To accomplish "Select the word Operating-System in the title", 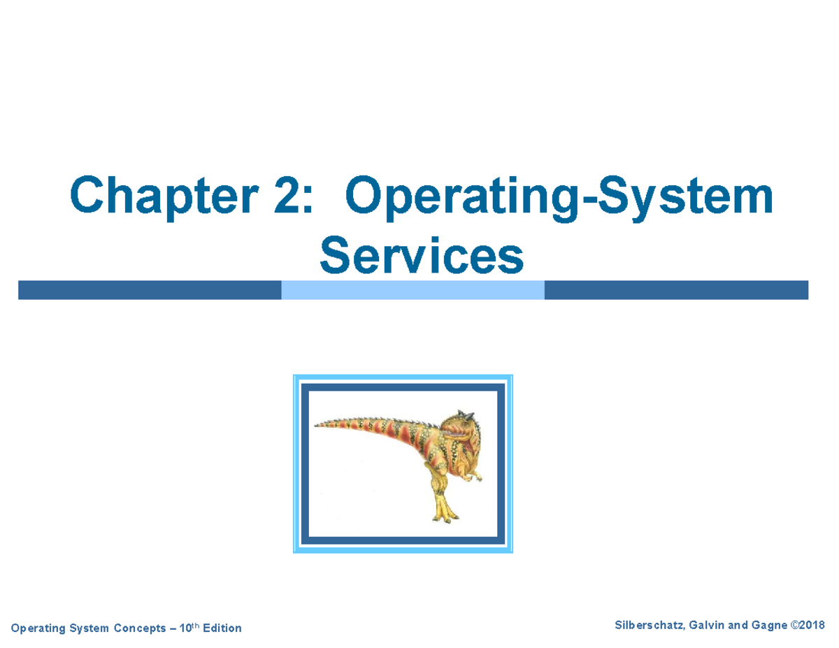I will [559, 198].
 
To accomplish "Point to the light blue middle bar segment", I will [413, 290].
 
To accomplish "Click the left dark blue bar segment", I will [150, 290].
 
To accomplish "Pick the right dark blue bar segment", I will [675, 290].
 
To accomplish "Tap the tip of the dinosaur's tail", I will [316, 424].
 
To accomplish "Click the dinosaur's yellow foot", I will [443, 514].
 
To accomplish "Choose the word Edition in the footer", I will [222, 628].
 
